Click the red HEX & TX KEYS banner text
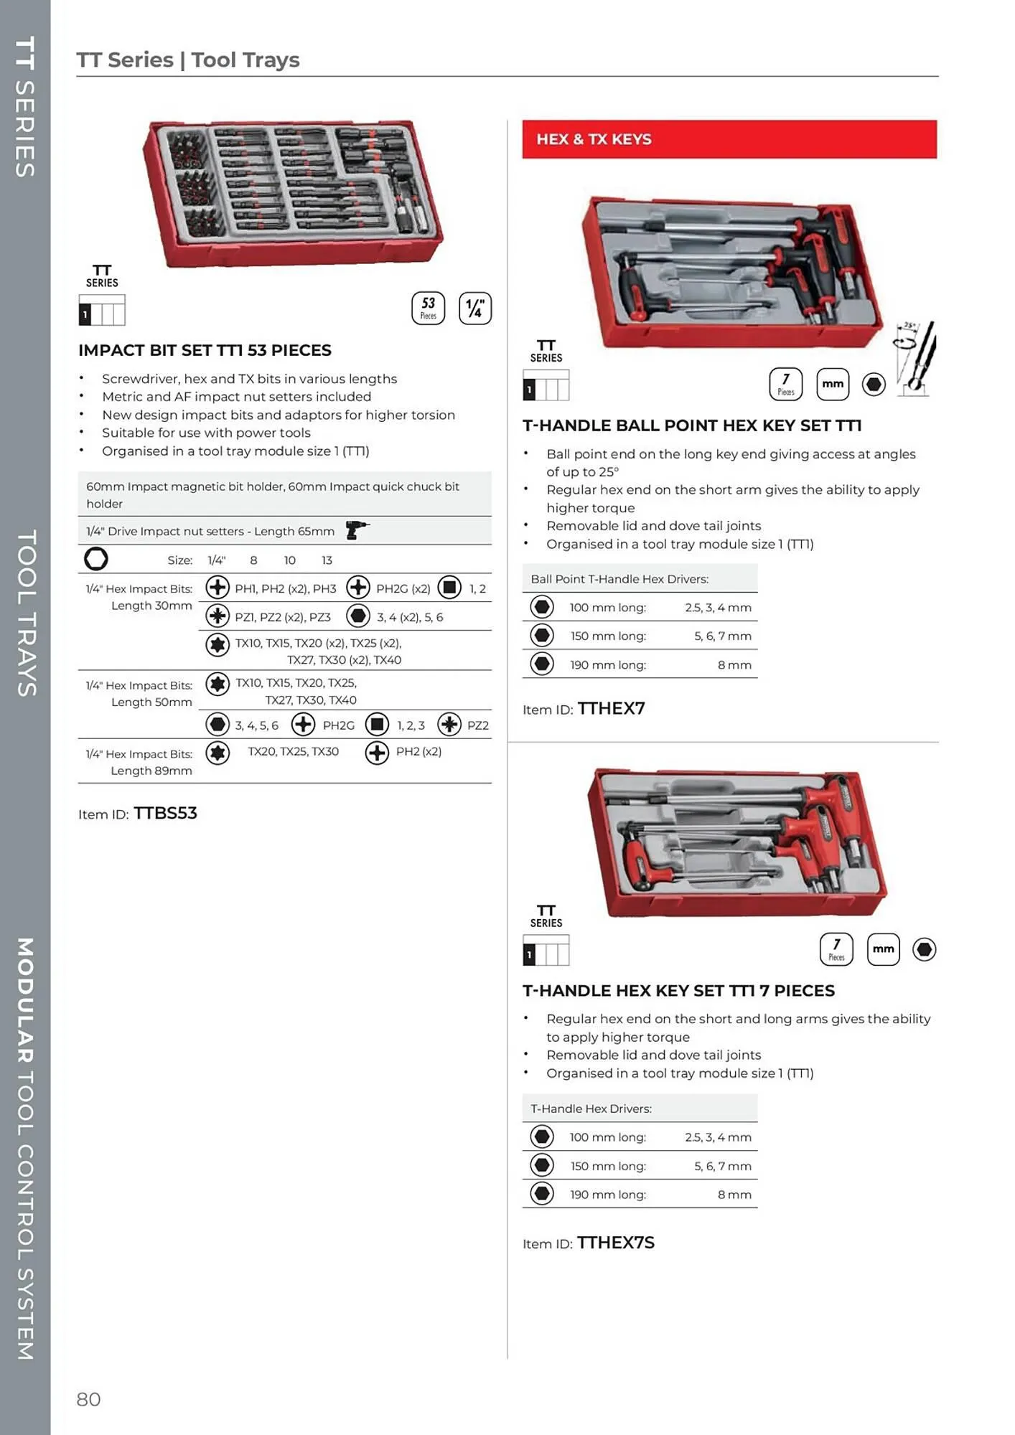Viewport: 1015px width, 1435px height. tap(594, 139)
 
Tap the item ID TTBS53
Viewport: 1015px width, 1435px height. tap(165, 813)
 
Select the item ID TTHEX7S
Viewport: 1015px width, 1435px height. tap(616, 1243)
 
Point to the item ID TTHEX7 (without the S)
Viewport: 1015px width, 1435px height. tap(611, 708)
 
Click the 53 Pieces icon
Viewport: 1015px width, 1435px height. tap(428, 308)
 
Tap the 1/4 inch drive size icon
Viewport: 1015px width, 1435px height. tap(475, 309)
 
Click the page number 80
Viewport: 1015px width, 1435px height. tap(88, 1399)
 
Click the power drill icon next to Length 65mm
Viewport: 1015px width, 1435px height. tap(356, 530)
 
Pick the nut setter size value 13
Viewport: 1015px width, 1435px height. tap(327, 560)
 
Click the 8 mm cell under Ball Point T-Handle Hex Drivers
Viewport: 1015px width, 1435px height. tap(734, 665)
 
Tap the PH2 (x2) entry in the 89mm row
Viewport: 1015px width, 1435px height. tap(418, 751)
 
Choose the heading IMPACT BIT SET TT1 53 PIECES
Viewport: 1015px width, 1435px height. tap(205, 350)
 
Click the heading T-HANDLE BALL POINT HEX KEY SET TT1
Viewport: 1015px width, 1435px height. tap(692, 425)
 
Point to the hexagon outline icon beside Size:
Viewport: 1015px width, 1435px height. tap(96, 558)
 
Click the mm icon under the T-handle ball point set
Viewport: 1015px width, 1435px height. tap(833, 384)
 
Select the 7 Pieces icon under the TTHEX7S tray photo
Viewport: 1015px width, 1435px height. tap(836, 949)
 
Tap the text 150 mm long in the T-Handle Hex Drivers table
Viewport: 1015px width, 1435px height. tap(607, 1166)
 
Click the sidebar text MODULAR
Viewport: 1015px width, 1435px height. tap(26, 999)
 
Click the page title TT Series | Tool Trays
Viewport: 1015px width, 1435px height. tap(188, 60)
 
